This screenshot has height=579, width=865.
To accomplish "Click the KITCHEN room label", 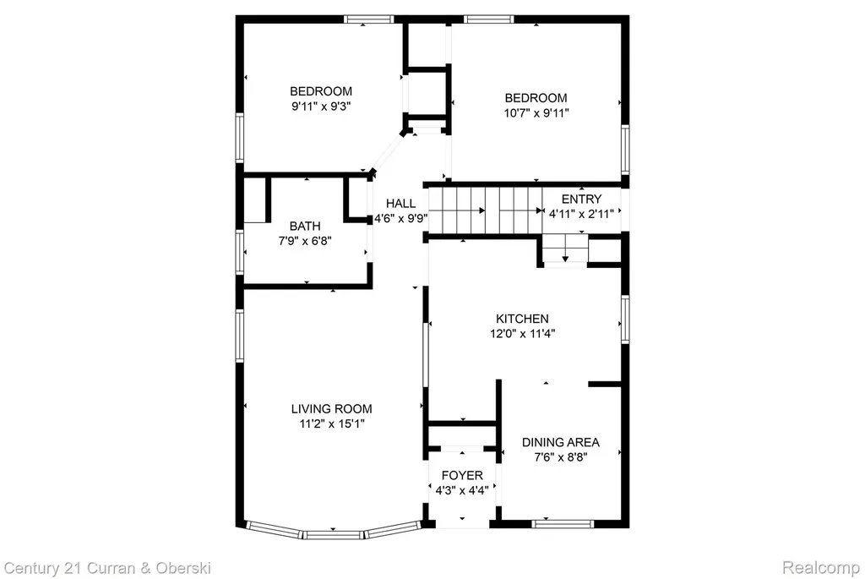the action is pyautogui.click(x=522, y=319).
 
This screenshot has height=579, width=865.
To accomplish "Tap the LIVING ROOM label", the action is pyautogui.click(x=331, y=409).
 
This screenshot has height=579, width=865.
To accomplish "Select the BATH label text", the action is pyautogui.click(x=305, y=226).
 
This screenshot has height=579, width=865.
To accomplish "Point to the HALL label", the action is pyautogui.click(x=401, y=203).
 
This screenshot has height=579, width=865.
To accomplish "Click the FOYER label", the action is pyautogui.click(x=462, y=475).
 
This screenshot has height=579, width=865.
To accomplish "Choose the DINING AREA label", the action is pyautogui.click(x=561, y=442).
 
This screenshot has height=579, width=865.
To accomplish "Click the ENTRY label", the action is pyautogui.click(x=581, y=199).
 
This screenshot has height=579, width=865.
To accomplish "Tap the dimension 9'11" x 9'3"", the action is pyautogui.click(x=322, y=106).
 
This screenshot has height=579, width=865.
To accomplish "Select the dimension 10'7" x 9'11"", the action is pyautogui.click(x=536, y=113).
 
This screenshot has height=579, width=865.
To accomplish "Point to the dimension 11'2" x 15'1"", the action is pyautogui.click(x=331, y=424).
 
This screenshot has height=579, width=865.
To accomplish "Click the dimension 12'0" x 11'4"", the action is pyautogui.click(x=522, y=333).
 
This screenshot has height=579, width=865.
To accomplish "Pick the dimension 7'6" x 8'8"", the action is pyautogui.click(x=561, y=457).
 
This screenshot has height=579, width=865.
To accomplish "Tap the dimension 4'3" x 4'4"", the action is pyautogui.click(x=462, y=490).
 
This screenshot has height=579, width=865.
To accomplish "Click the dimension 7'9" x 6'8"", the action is pyautogui.click(x=305, y=241).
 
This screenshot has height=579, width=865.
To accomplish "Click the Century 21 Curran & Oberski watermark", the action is pyautogui.click(x=107, y=568).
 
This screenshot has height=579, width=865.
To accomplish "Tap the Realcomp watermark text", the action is pyautogui.click(x=821, y=568).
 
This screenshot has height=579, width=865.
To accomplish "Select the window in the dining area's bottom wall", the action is pyautogui.click(x=563, y=524).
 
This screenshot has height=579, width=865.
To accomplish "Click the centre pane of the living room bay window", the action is pyautogui.click(x=333, y=534).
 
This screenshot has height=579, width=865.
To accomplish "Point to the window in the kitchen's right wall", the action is pyautogui.click(x=625, y=320).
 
